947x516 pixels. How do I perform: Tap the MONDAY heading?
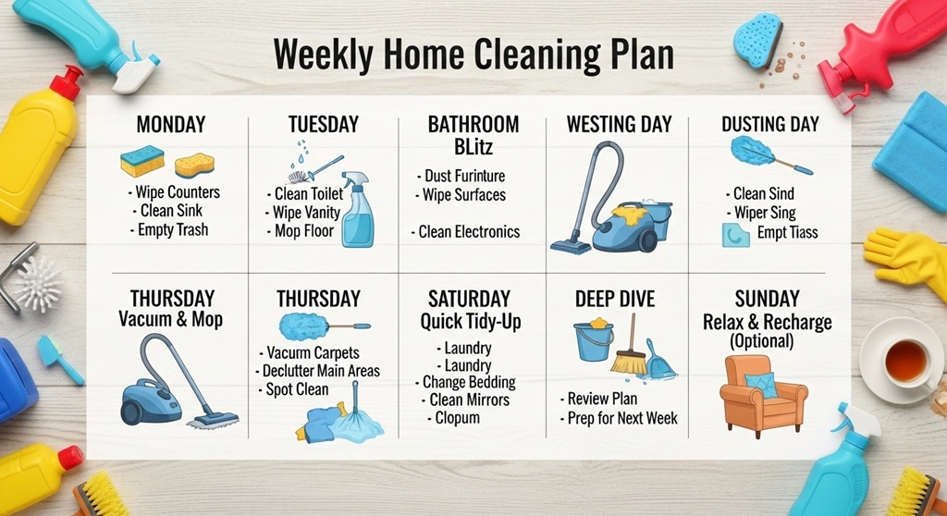coord(170,125)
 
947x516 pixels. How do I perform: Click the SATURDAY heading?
coord(469,299)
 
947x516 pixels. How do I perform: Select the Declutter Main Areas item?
coord(319,371)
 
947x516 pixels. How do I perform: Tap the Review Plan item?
coord(601,399)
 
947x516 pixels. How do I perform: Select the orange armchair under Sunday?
coord(762,396)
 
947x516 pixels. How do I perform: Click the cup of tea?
coord(905,362)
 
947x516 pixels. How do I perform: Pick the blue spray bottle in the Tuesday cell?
coord(357,212)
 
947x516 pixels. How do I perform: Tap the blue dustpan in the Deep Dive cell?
coord(659,362)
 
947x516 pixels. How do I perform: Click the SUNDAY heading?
coord(767,299)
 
